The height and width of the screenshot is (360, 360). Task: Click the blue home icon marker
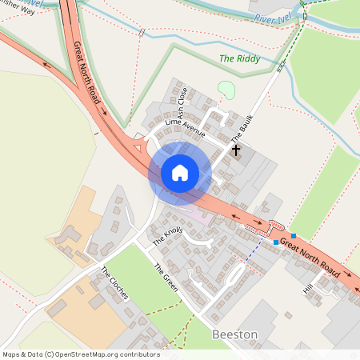180,173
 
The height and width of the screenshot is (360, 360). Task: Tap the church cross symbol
237,150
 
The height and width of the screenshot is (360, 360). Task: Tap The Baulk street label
242,128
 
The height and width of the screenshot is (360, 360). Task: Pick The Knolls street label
167,235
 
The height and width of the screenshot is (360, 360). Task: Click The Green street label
165,277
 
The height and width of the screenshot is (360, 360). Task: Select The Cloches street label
114,282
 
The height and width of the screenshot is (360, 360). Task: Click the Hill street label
307,287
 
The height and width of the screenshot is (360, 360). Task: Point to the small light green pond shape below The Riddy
226,90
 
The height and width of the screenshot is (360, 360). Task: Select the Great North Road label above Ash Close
86,71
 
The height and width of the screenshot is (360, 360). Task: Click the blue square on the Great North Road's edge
294,235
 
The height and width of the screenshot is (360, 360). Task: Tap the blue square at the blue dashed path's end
276,242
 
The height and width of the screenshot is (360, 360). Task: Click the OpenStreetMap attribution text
80,354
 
